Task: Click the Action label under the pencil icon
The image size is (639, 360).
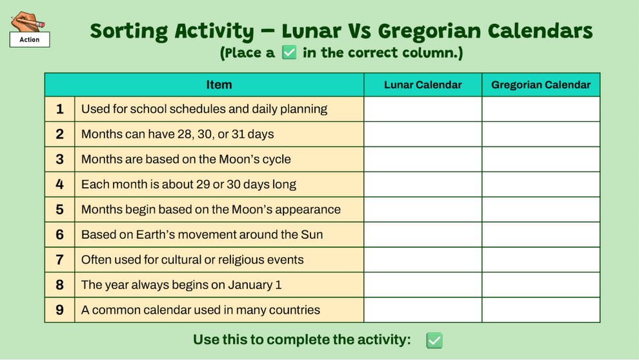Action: pyautogui.click(x=30, y=40)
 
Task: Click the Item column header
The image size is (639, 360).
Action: pyautogui.click(x=219, y=85)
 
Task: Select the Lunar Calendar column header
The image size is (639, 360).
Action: pyautogui.click(x=423, y=85)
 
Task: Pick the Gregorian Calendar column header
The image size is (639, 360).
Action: pyautogui.click(x=540, y=85)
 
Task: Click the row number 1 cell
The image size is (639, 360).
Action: pyautogui.click(x=60, y=109)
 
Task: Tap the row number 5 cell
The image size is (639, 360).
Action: pyautogui.click(x=60, y=210)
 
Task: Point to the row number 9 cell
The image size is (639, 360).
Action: pyautogui.click(x=60, y=310)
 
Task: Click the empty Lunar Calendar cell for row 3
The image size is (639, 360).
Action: pyautogui.click(x=423, y=159)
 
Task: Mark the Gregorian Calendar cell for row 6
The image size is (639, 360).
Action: pyautogui.click(x=540, y=235)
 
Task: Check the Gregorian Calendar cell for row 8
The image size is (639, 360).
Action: pyautogui.click(x=540, y=285)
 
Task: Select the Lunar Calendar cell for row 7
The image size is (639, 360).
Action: pyautogui.click(x=423, y=260)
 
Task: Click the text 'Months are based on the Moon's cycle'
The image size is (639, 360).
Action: pyautogui.click(x=186, y=159)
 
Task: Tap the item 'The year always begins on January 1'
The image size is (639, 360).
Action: pyautogui.click(x=181, y=285)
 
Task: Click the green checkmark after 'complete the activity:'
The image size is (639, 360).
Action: pyautogui.click(x=434, y=340)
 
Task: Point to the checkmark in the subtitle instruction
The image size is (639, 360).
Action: pyautogui.click(x=289, y=53)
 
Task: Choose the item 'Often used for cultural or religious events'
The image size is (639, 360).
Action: pyautogui.click(x=192, y=260)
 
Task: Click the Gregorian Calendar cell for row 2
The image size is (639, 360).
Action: pyautogui.click(x=540, y=134)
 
